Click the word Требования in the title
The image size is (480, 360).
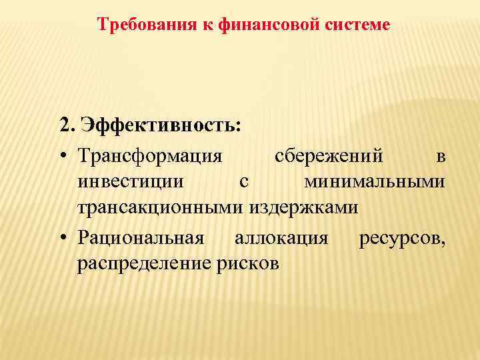(x=137, y=25)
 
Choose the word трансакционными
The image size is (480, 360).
(x=161, y=207)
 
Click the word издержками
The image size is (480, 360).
(x=304, y=207)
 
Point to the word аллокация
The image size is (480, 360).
(x=281, y=237)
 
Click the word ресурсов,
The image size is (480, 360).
(x=403, y=237)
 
